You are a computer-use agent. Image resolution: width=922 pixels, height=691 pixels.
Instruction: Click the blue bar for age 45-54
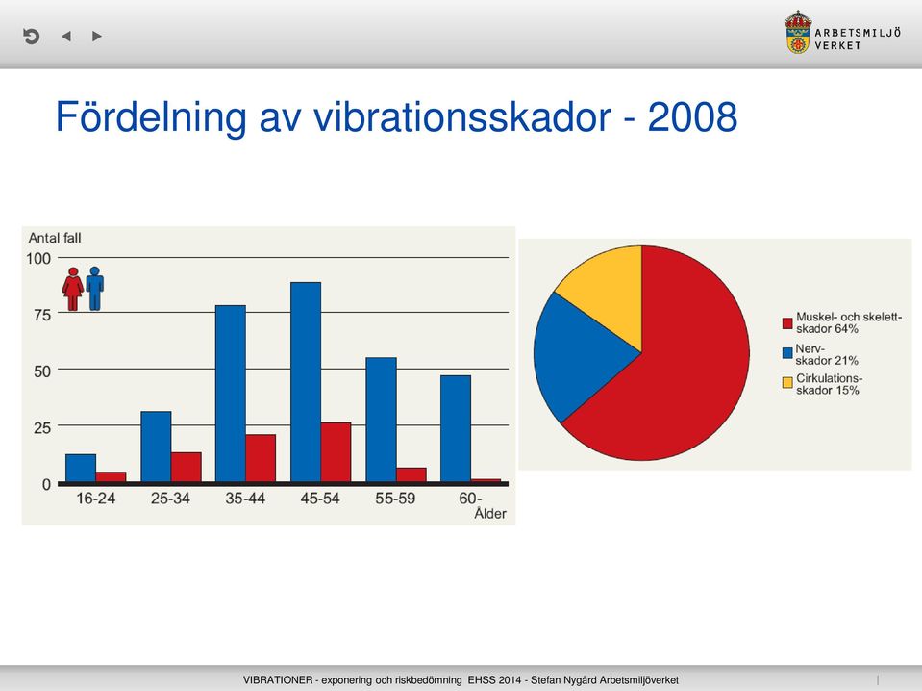click(x=306, y=382)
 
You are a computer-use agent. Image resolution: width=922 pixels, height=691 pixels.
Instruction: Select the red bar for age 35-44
click(x=261, y=458)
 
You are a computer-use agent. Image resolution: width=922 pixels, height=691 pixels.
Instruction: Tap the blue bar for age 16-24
click(x=81, y=469)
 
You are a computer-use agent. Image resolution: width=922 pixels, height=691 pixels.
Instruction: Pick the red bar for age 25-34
click(x=186, y=468)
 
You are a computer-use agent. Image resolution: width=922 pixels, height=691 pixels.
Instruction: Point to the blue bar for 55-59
click(x=381, y=420)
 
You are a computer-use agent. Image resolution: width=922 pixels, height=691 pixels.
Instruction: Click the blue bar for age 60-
click(x=456, y=429)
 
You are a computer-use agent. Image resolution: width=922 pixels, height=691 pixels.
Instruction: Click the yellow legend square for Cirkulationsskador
click(x=787, y=383)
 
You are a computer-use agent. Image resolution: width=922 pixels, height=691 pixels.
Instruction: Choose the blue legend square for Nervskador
click(x=787, y=353)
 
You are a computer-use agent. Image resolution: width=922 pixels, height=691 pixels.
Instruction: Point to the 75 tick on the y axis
click(x=42, y=315)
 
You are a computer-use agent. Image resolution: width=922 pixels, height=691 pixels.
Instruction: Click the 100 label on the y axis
click(x=38, y=258)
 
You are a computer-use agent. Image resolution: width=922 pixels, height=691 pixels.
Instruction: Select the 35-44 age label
click(x=245, y=499)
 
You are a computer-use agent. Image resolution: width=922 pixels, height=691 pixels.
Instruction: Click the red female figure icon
click(x=73, y=289)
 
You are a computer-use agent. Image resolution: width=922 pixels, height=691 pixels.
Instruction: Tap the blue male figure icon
click(x=94, y=289)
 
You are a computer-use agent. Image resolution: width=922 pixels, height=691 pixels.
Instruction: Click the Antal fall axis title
click(x=55, y=238)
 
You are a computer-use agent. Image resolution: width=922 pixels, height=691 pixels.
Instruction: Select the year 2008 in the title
click(x=692, y=116)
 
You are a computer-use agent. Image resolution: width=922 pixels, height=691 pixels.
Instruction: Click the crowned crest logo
click(x=798, y=33)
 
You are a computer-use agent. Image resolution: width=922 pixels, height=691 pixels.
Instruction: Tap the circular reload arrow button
click(x=31, y=37)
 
